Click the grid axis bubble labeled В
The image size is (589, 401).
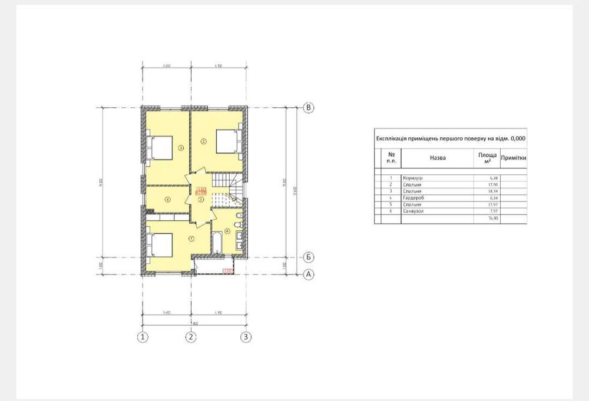[308, 107]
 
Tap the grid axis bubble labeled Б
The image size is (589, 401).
[308, 257]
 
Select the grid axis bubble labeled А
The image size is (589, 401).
[308, 274]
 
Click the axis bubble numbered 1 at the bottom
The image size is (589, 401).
[142, 337]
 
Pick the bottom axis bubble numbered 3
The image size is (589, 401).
[246, 337]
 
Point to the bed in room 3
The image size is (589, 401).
[160, 147]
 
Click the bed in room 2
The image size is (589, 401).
[227, 141]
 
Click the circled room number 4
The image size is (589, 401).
[167, 199]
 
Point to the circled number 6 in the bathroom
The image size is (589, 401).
[227, 231]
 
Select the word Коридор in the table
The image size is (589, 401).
[412, 177]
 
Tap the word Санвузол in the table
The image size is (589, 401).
[415, 211]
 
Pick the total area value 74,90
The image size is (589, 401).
[487, 218]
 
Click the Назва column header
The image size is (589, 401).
[438, 158]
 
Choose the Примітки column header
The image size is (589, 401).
[512, 158]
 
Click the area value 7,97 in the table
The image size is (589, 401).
[487, 211]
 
